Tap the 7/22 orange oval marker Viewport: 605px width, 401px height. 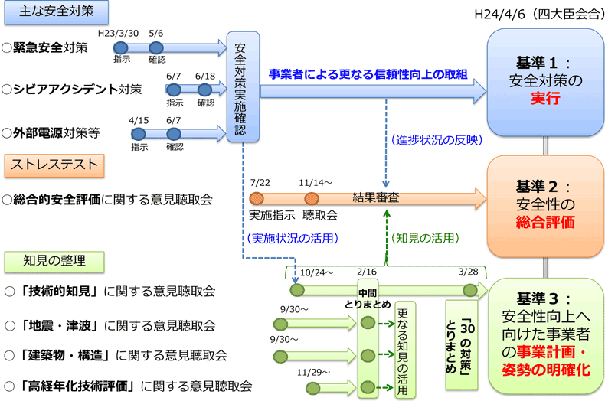pos(257,197)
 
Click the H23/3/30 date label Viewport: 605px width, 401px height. pos(118,34)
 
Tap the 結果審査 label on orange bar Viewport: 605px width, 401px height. pos(375,197)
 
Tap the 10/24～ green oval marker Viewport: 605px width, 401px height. pos(296,290)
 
